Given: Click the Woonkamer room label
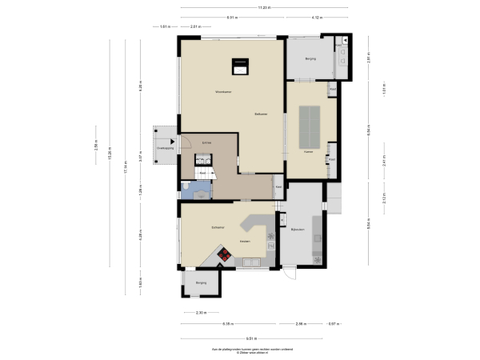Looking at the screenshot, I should pos(223,92).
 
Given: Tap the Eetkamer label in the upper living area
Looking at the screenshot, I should pos(261,114).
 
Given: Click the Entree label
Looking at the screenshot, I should pos(206,143).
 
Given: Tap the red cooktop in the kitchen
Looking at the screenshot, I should pos(226,256).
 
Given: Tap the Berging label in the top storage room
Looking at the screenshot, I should pos(310,58).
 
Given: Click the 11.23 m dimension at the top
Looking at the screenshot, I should pos(264,8).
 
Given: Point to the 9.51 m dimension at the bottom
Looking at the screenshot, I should pos(251,338).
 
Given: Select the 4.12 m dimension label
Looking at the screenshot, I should pos(317,17).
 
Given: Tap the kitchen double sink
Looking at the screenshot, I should pos(253,261).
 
